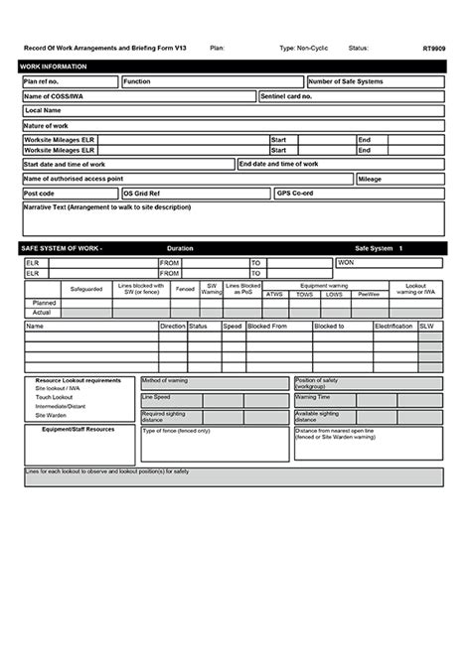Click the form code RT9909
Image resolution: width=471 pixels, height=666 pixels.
tap(433, 47)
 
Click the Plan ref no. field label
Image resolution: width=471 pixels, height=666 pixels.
tap(42, 81)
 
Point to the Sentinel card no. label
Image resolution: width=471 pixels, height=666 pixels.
tap(286, 96)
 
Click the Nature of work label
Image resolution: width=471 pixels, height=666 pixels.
tap(47, 126)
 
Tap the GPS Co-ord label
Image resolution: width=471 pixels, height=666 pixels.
tap(296, 193)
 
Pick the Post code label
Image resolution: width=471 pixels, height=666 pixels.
tap(40, 193)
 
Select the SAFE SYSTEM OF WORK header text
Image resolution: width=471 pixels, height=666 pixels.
tap(62, 247)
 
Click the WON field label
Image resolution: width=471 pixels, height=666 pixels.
tap(346, 262)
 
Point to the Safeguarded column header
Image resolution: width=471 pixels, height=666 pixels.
tap(85, 289)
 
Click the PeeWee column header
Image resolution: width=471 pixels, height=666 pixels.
tap(367, 294)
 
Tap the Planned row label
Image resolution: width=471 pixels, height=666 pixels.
tap(44, 303)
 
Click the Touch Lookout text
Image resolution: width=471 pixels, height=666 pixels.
tap(55, 396)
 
